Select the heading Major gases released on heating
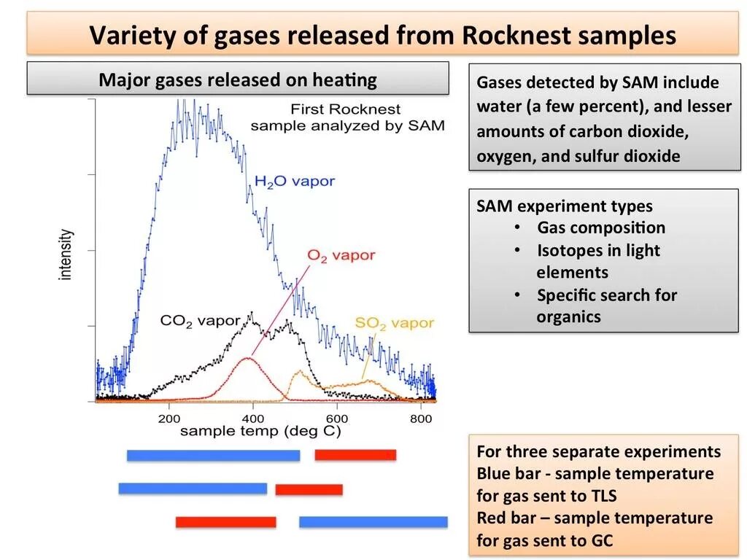238,79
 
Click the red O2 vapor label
341,255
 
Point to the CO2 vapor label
200,321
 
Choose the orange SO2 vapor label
394,323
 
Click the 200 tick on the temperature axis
169,419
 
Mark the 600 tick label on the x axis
336,419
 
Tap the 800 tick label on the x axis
420,419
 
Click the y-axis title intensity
66,254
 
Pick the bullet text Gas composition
601,228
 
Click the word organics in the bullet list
568,316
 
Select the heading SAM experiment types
565,206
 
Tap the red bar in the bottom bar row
225,522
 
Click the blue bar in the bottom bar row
373,522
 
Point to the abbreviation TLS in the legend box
598,496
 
